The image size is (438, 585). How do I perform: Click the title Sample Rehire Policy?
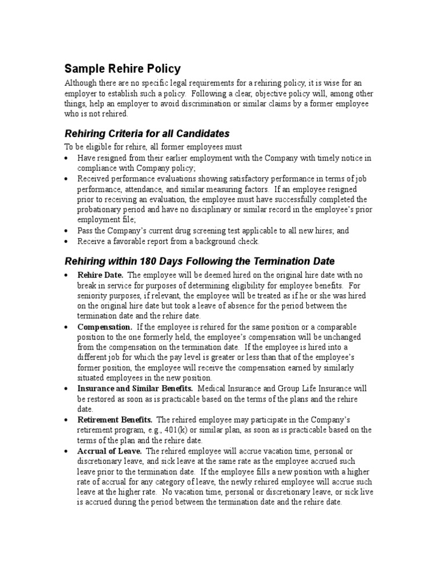tap(122, 69)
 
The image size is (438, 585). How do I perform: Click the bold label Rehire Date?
tap(100, 275)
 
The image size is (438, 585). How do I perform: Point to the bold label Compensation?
tap(104, 327)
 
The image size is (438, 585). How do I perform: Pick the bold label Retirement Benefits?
tap(115, 419)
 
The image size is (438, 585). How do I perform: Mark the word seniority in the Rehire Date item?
tap(95, 296)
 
